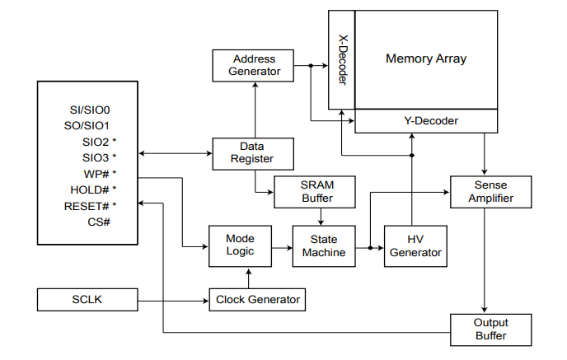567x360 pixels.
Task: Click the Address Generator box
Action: tap(255, 66)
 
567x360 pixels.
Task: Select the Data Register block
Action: tap(254, 152)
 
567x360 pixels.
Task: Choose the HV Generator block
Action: tap(415, 245)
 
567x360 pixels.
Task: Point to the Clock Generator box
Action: tap(258, 299)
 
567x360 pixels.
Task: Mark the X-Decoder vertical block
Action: tap(342, 59)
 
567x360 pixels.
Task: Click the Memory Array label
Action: tap(426, 58)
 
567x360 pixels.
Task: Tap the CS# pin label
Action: tap(99, 222)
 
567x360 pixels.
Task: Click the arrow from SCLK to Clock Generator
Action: tap(174, 299)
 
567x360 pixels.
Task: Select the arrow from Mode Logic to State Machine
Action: tap(274, 245)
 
